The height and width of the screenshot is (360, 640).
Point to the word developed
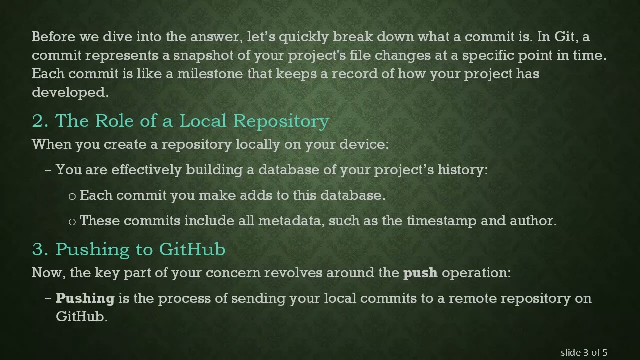pyautogui.click(x=69, y=92)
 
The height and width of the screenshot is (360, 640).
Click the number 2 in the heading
pyautogui.click(x=38, y=121)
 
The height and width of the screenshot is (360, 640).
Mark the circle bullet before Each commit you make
pyautogui.click(x=72, y=196)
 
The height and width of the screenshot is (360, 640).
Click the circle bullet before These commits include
pyautogui.click(x=72, y=221)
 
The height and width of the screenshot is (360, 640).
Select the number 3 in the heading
pyautogui.click(x=38, y=249)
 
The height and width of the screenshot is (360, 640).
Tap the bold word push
pyautogui.click(x=420, y=273)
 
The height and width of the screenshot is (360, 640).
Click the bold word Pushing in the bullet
pyautogui.click(x=85, y=298)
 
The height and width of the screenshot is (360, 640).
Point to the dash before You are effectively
pyautogui.click(x=48, y=170)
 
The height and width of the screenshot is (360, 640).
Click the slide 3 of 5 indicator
pyautogui.click(x=584, y=353)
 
